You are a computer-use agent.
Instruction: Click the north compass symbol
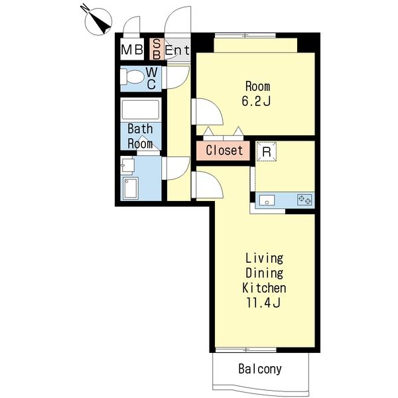tap(98, 21)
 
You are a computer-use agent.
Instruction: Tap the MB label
tap(132, 50)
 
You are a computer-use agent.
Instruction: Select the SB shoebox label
tap(157, 49)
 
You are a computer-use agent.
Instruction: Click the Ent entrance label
tap(177, 50)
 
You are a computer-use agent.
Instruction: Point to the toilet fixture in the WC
tap(131, 77)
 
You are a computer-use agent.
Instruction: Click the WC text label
tap(151, 78)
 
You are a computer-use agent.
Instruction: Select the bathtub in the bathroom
tap(141, 109)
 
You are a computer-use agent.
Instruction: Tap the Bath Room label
tap(140, 136)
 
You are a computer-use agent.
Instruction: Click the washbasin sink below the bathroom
tap(127, 166)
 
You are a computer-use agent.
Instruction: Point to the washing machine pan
tap(131, 188)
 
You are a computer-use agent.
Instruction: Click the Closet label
tap(224, 150)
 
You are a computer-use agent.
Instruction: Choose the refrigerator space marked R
tap(266, 151)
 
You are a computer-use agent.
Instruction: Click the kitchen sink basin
tap(267, 200)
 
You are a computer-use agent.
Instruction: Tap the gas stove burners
tap(304, 200)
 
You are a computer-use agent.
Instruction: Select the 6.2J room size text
tap(256, 101)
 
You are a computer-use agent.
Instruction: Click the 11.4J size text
tap(263, 302)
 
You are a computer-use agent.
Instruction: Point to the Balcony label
tap(260, 369)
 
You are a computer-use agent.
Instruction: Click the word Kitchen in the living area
tap(264, 288)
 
